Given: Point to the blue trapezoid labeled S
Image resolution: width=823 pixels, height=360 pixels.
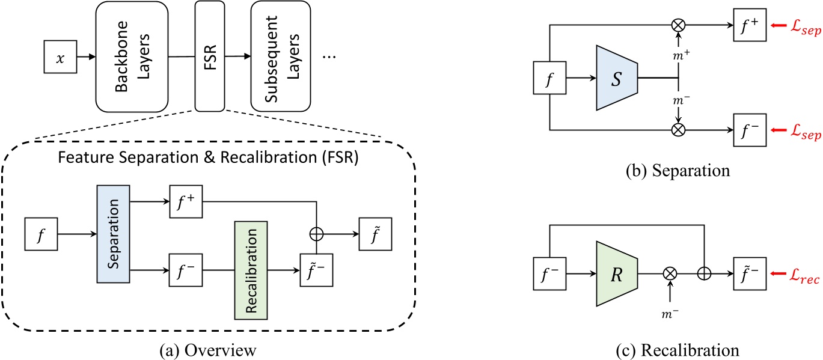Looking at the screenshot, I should coord(616,78).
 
